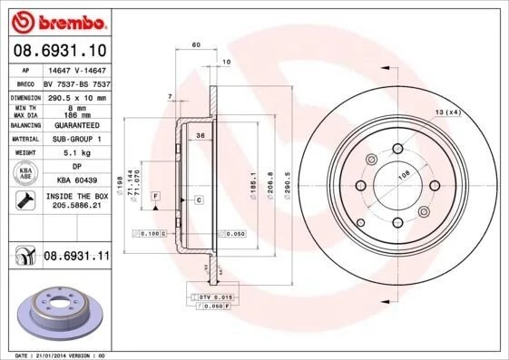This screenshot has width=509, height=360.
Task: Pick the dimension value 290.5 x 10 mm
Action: [75, 96]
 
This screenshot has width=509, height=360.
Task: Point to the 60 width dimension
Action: [195, 44]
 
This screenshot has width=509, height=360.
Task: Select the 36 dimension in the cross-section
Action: [200, 135]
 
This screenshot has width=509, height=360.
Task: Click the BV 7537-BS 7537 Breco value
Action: [76, 83]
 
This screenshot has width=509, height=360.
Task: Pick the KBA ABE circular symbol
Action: [25, 174]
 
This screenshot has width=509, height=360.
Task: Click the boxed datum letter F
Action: [154, 196]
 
